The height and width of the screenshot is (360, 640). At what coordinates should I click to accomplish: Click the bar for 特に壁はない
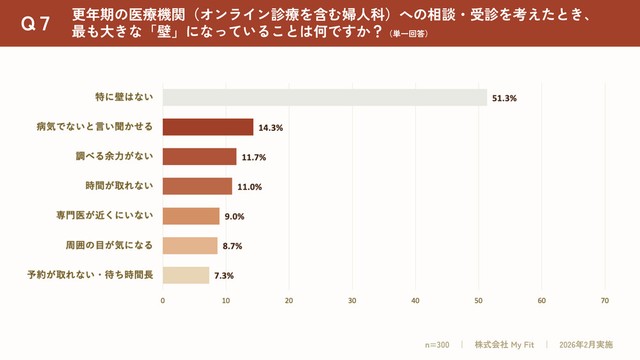324,97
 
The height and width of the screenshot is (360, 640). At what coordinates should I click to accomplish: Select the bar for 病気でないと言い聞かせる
207,127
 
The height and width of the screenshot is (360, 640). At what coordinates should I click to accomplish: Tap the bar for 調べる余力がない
199,157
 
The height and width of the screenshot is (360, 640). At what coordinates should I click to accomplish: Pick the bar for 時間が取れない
197,186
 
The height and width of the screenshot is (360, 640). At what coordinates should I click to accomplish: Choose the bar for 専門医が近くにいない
190,216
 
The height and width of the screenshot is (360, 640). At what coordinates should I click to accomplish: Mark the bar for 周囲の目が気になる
189,245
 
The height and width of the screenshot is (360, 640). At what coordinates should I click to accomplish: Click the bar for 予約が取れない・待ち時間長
185,275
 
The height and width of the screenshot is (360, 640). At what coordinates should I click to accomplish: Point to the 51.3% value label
503,98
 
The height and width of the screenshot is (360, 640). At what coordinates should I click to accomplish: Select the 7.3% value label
223,276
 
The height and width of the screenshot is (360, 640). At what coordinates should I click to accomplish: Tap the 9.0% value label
234,217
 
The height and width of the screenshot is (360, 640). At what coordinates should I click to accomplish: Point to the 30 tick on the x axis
352,300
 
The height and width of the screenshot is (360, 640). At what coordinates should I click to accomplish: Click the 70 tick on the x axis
605,300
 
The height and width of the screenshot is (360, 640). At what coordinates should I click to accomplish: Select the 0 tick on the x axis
162,300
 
